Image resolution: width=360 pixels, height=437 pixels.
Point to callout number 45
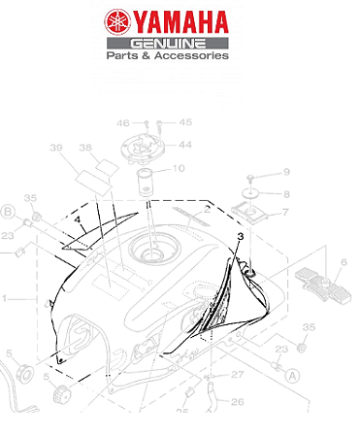185,122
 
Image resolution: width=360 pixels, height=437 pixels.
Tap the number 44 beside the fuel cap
184,145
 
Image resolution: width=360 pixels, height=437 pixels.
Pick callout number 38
85,148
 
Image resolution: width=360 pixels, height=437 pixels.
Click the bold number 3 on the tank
239,236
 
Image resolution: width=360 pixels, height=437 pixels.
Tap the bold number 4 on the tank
73,221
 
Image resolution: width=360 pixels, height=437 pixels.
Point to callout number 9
286,173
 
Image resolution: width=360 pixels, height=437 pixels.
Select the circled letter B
7,212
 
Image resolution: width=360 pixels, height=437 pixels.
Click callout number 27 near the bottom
237,372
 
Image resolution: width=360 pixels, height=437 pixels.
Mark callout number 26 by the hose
237,399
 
